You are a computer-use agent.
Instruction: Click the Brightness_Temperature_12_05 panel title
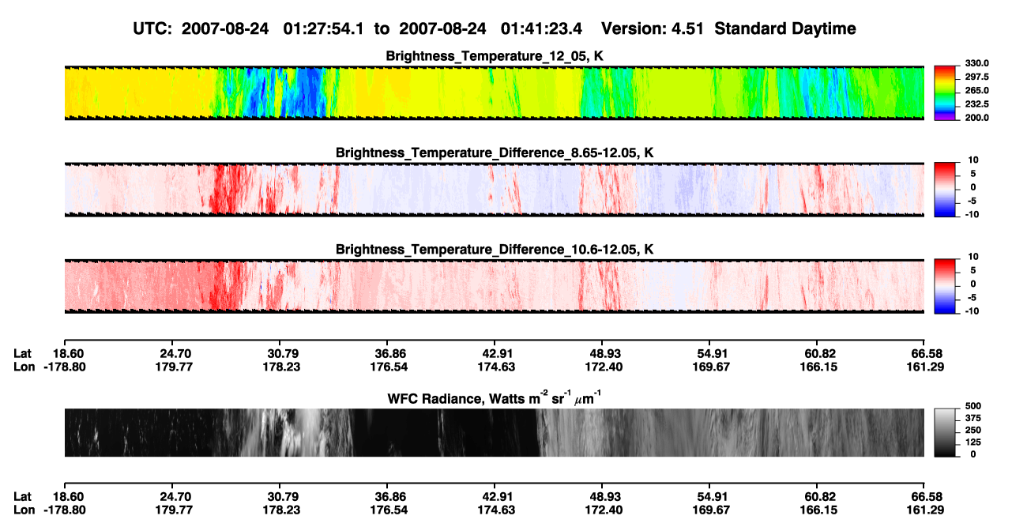tap(494, 56)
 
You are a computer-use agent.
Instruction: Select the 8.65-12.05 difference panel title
tap(494, 152)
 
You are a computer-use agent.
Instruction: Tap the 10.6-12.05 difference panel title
tap(494, 250)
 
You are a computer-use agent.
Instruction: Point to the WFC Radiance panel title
tap(494, 397)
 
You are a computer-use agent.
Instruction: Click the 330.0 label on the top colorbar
tap(976, 63)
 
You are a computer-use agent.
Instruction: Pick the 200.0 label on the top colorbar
tap(976, 118)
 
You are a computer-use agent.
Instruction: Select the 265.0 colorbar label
tap(976, 90)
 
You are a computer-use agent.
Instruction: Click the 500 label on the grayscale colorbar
tap(973, 406)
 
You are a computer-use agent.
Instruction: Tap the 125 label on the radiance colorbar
tap(973, 442)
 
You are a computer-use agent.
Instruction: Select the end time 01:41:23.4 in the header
tap(541, 28)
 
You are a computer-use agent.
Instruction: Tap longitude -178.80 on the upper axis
tap(65, 367)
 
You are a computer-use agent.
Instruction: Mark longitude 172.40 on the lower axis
tap(604, 510)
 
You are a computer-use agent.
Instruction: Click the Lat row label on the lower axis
tap(22, 497)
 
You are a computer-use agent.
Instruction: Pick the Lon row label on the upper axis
tap(24, 367)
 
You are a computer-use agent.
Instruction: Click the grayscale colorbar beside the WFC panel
tap(945, 432)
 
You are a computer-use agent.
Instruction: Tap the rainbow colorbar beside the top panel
tap(945, 93)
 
